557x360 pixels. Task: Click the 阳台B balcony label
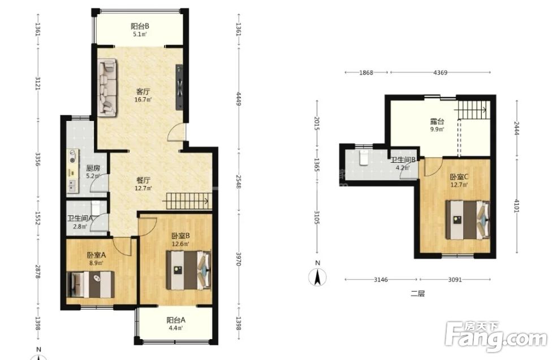click(x=140, y=26)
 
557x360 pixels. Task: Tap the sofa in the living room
click(x=107, y=87)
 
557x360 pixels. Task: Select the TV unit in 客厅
click(x=179, y=87)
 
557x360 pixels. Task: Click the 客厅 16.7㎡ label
click(x=143, y=95)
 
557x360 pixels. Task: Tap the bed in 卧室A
click(x=91, y=284)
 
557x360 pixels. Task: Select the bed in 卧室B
click(x=188, y=270)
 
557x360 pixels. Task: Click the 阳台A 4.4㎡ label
click(x=175, y=323)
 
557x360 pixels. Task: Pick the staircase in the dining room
click(x=185, y=201)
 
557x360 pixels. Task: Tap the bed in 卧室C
click(x=468, y=220)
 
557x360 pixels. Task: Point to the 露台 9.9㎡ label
click(x=437, y=125)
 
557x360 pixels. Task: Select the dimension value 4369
click(x=440, y=72)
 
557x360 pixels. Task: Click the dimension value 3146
click(x=381, y=279)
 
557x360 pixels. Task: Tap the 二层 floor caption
click(x=417, y=294)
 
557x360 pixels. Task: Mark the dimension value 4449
click(x=239, y=99)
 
